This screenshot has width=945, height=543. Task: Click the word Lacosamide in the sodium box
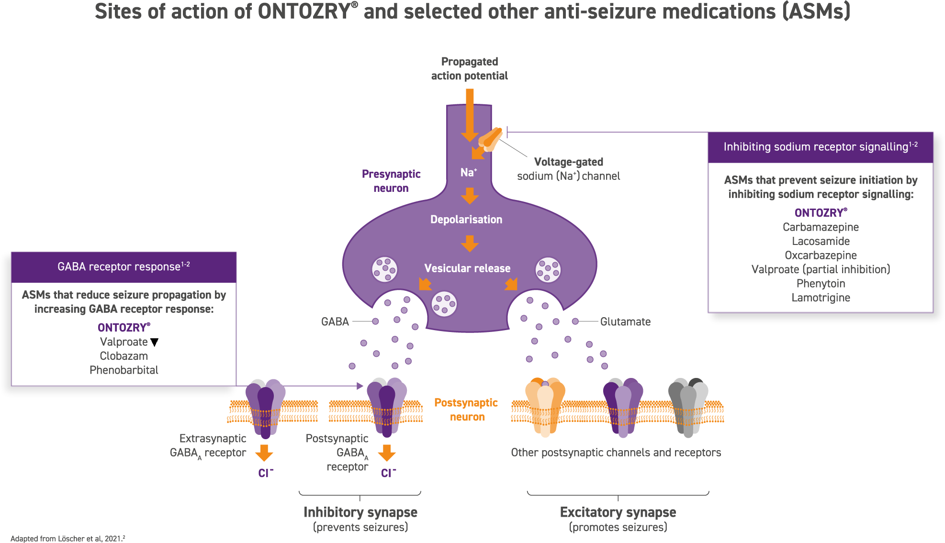click(821, 241)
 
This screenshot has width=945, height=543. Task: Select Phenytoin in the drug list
click(821, 284)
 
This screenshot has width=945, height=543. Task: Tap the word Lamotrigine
click(821, 298)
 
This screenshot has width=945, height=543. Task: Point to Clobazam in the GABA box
click(124, 356)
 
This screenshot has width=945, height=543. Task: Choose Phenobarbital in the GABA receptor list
click(124, 370)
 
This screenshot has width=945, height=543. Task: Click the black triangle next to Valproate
click(154, 342)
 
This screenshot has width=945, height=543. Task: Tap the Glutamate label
click(625, 322)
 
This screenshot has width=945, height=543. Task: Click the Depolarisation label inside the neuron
click(466, 220)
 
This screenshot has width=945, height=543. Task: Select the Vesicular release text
click(467, 268)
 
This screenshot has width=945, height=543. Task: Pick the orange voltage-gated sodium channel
click(490, 139)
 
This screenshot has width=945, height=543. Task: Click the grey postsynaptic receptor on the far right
click(688, 407)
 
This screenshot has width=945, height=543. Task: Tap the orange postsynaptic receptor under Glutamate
click(545, 407)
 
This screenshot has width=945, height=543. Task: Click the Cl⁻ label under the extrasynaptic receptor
click(266, 473)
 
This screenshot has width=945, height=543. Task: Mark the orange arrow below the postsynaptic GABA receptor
click(387, 453)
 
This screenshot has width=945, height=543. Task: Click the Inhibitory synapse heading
click(360, 512)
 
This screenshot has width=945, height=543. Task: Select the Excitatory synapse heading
click(618, 512)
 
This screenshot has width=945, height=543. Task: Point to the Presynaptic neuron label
click(391, 181)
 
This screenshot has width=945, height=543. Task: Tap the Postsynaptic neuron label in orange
click(466, 410)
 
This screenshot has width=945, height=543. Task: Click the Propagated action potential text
click(470, 69)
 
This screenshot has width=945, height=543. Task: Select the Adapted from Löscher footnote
click(68, 538)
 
